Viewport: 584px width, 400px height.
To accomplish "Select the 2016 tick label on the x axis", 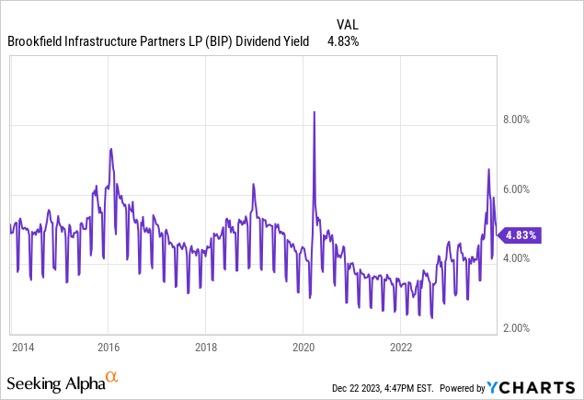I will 109,348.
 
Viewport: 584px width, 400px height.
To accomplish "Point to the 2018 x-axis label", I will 206,348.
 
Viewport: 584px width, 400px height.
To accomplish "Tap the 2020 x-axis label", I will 303,348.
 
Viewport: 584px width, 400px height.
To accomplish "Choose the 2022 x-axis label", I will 401,348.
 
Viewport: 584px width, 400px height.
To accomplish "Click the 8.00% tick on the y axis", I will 521,120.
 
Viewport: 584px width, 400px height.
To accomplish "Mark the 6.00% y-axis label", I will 521,189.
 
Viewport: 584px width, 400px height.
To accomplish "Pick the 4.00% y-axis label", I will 521,258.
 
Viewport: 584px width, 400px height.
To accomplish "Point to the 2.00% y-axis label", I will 521,328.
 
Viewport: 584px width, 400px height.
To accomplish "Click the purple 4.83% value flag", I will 520,234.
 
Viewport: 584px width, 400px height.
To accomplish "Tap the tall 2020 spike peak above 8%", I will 315,112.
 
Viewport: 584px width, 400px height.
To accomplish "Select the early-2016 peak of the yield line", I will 110,149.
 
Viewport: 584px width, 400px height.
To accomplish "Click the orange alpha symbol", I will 111,377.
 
